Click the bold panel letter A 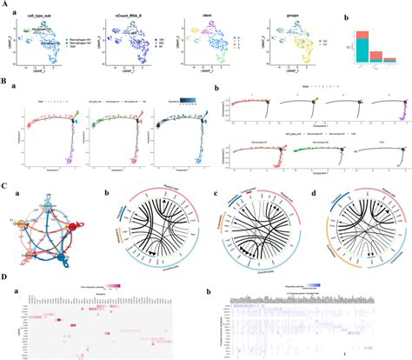point(4,4)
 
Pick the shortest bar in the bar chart point(393,63)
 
